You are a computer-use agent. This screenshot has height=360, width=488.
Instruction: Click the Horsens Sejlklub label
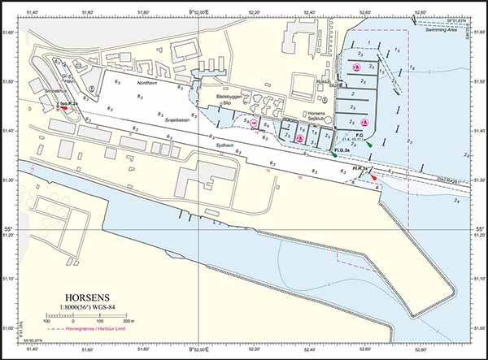pos(314,117)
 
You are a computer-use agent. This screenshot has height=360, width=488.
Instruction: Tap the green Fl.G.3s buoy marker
pos(335,155)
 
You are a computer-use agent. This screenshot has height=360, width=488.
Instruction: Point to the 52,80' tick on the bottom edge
pos(420,351)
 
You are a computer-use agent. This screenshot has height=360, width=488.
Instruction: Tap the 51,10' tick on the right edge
pos(480,279)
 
